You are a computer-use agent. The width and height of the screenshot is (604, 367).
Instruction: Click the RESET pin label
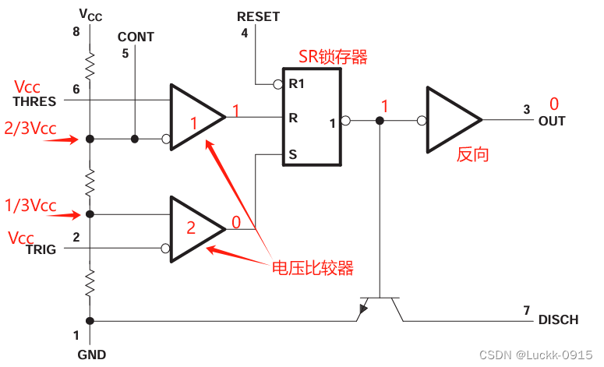point(258,16)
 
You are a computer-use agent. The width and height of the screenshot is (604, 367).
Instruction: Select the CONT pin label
point(136,37)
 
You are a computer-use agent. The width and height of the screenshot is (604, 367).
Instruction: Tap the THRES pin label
point(34,101)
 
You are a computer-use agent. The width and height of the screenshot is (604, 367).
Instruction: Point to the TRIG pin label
point(40,249)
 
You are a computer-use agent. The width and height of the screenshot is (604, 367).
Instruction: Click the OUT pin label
point(552,121)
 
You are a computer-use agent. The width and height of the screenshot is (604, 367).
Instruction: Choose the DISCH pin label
point(558,319)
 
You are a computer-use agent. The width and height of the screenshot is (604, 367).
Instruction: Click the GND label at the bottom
point(90,355)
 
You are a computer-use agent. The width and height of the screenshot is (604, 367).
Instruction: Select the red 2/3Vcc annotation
point(31,129)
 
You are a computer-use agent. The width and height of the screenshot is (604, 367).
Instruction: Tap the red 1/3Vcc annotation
point(31,206)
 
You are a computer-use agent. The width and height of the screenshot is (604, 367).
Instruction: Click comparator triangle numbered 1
point(195,117)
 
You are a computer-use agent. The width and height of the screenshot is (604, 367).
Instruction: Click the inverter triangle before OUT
point(452,120)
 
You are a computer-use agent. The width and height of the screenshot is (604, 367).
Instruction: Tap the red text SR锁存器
point(333,56)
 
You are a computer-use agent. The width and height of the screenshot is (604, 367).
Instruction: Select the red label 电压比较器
point(312,268)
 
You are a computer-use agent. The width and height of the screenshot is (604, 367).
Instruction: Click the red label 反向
point(472,154)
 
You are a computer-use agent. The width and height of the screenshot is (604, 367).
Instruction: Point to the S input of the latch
point(293,154)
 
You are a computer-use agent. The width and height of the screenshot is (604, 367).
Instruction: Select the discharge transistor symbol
point(379,307)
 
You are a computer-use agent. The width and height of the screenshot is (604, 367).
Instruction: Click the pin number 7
point(526,309)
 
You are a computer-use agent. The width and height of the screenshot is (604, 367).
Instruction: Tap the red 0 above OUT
point(554,104)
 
